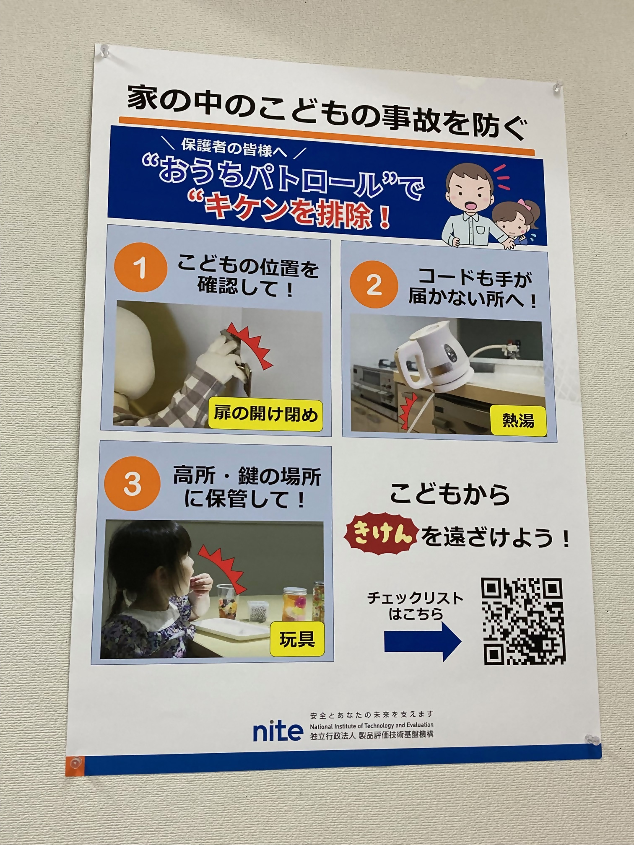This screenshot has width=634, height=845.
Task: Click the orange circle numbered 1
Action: tap(140, 267)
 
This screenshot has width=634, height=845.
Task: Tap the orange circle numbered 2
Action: tap(374, 284)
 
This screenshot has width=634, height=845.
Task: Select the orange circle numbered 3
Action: tap(133, 483)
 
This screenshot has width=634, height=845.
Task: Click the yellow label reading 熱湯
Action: tap(518, 420)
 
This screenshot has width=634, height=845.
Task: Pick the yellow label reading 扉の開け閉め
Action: tap(266, 415)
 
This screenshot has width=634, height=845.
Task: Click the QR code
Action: tap(523, 622)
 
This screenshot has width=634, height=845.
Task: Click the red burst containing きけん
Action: tap(381, 536)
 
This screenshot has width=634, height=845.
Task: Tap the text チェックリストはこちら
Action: tap(415, 605)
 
